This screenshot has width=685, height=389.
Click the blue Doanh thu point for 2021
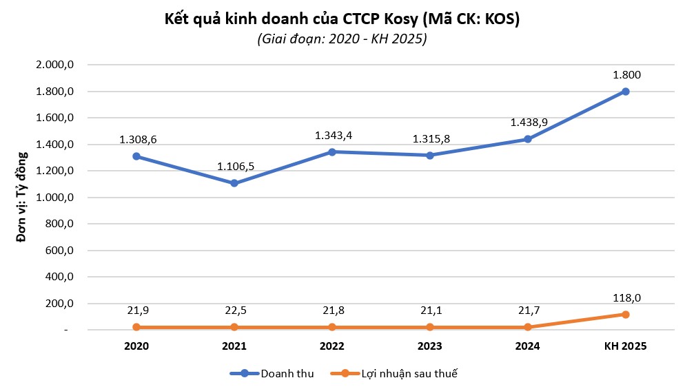(x=235, y=183)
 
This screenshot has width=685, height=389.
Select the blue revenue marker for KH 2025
(x=626, y=92)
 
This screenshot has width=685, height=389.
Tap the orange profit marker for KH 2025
(x=626, y=315)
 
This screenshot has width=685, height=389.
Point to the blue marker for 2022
(x=332, y=151)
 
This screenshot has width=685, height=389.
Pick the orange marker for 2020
(x=137, y=327)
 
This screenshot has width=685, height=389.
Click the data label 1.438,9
(x=528, y=122)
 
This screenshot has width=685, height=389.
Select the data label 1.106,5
(x=235, y=166)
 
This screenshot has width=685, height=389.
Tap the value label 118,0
(x=626, y=297)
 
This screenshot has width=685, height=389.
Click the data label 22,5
(x=235, y=311)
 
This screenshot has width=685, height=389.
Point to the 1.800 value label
(x=626, y=75)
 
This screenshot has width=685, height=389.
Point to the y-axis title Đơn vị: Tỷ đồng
(x=22, y=198)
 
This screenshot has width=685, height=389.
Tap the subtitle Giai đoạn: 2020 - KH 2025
(x=342, y=39)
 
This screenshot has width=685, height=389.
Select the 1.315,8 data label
(x=430, y=138)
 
